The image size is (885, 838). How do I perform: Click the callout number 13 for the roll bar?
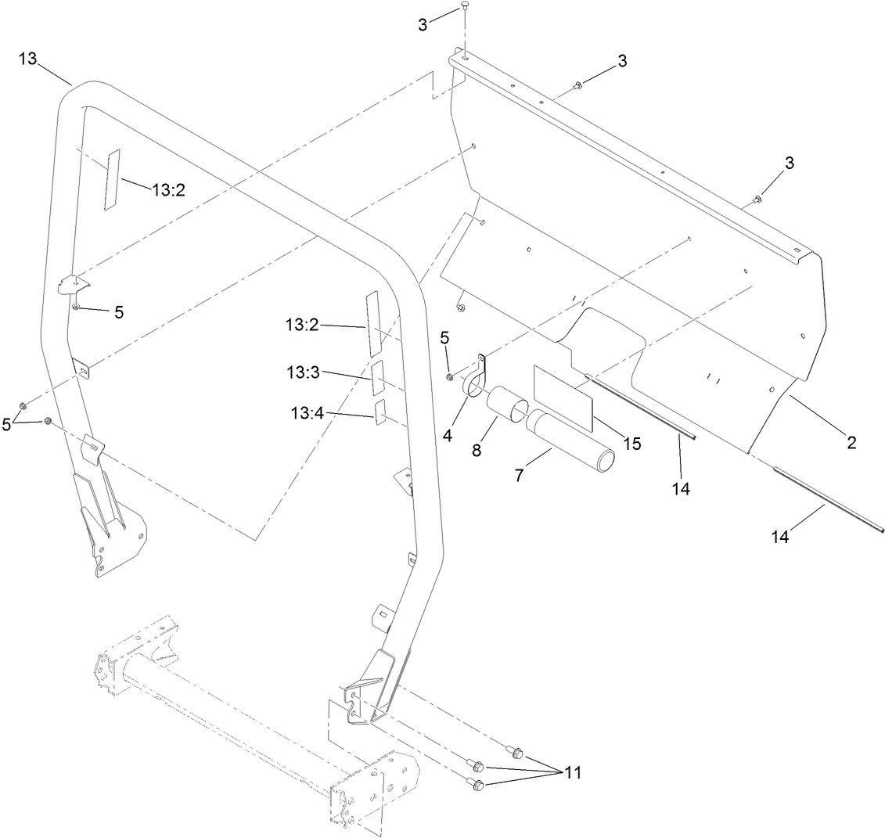pos(28,60)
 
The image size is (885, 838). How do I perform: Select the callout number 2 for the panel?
pos(851,443)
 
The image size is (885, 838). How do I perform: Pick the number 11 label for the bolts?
pos(574,772)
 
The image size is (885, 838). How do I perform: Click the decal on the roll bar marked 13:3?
pos(378,377)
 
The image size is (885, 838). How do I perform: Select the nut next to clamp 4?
pos(450,377)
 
